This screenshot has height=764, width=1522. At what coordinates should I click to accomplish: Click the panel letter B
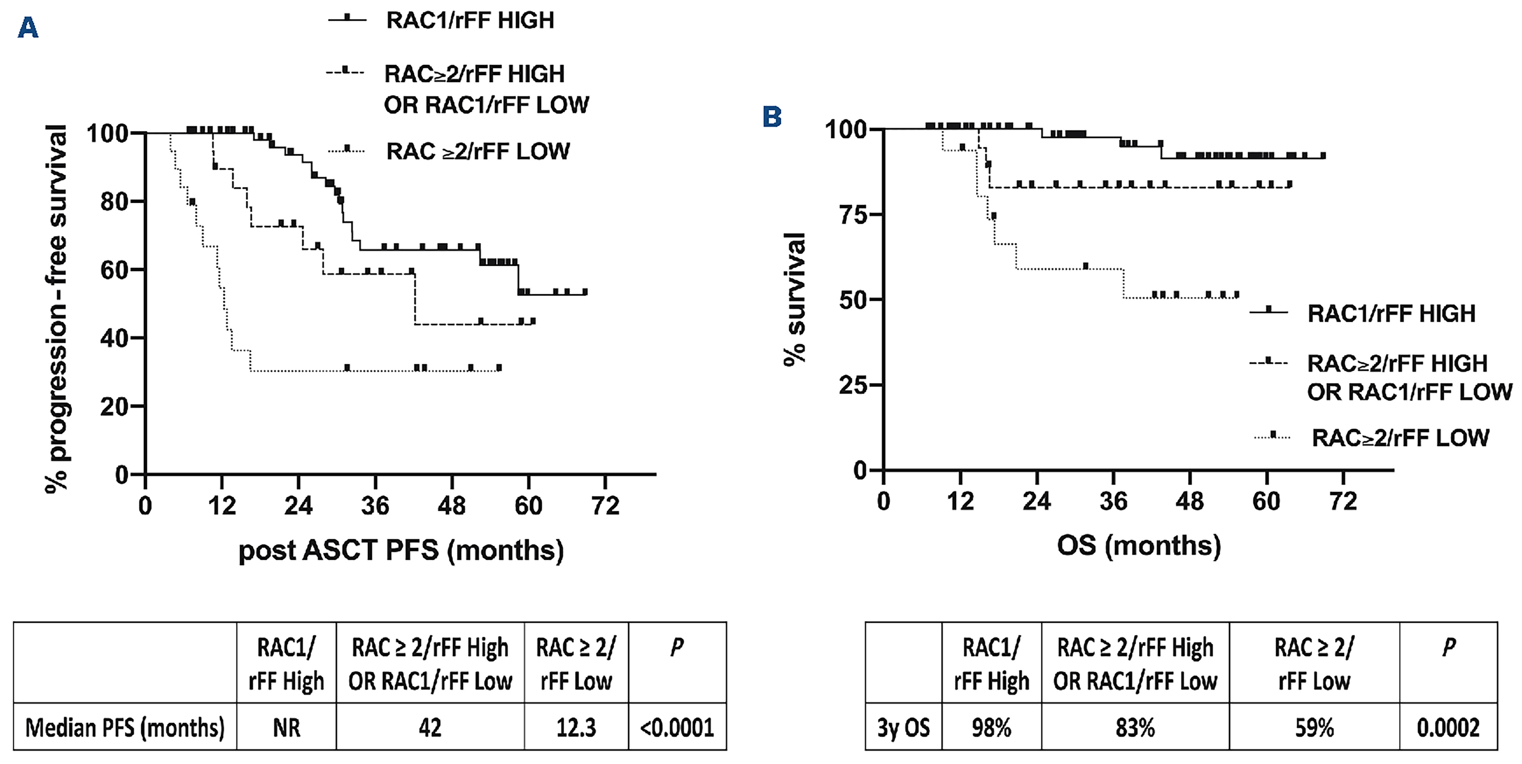(772, 117)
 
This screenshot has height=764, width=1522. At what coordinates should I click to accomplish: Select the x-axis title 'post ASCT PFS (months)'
(401, 550)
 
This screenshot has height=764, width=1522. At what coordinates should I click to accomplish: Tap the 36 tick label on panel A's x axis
(375, 506)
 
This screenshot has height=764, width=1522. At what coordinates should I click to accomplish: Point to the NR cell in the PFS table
(286, 727)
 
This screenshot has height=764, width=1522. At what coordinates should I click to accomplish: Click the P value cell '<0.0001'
(677, 727)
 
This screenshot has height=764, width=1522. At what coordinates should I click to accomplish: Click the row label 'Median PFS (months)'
(125, 727)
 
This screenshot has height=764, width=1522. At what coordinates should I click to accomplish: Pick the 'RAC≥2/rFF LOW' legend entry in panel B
(1400, 437)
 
